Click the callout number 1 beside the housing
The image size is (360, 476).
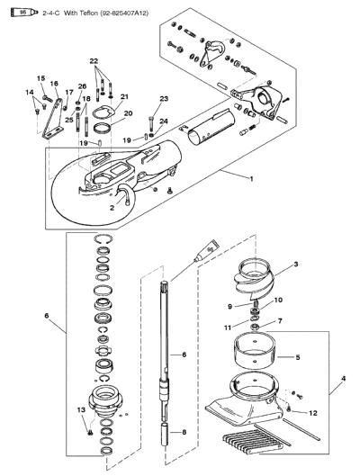[251, 179]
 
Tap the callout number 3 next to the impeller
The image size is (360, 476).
[296, 265]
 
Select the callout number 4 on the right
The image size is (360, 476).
[343, 379]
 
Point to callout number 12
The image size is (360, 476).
[313, 413]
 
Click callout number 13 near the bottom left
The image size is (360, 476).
[81, 409]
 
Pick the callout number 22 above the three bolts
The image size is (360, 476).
[94, 61]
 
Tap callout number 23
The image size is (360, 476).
[164, 99]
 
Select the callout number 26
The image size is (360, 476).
[82, 86]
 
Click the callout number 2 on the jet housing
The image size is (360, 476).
[112, 208]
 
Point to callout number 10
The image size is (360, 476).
[278, 300]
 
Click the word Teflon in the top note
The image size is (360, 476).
[89, 13]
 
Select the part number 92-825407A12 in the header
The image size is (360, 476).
[124, 13]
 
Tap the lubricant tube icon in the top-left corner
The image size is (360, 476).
[24, 13]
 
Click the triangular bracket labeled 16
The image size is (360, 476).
[52, 121]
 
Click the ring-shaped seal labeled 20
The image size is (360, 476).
[103, 129]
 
